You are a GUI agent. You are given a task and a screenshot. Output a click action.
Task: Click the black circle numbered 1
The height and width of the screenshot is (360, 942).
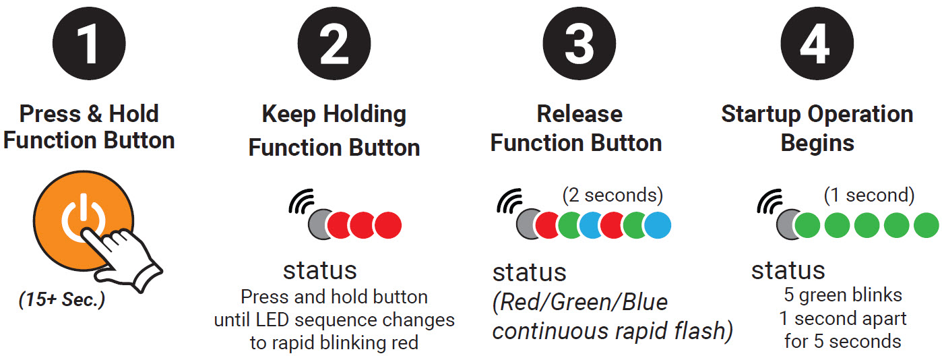pos(89,43)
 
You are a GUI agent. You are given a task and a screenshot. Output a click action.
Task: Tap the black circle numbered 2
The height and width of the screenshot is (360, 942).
pos(334,43)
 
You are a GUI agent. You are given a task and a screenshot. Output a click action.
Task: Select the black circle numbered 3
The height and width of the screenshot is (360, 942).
pos(579,43)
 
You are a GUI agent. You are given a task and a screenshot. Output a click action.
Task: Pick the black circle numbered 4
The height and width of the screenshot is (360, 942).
pos(817,43)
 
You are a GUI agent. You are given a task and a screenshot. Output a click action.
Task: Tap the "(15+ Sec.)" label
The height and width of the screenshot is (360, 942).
pos(62,300)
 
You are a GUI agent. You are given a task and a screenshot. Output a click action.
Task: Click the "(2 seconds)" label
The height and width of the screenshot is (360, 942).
pos(613,195)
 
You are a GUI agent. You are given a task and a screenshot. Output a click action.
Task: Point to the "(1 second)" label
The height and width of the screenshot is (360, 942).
pos(869,195)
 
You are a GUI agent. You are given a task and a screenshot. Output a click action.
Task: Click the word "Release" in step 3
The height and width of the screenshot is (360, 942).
pos(579,114)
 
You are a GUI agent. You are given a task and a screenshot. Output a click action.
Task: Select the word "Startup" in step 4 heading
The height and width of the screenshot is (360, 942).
pos(761,115)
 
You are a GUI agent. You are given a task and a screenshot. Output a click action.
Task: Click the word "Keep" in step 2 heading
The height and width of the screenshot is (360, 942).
pos(288,115)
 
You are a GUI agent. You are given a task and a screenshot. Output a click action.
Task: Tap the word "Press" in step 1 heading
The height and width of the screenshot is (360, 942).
pos(50,114)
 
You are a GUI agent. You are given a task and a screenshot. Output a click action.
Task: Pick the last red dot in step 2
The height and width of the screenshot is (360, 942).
pos(388,225)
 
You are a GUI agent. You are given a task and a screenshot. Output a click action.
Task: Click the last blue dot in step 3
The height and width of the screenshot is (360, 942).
pos(658,225)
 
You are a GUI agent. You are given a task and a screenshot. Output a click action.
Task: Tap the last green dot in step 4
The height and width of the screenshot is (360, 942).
pos(927,225)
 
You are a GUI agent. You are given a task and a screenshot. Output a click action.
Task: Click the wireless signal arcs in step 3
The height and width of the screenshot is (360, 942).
pos(509,201)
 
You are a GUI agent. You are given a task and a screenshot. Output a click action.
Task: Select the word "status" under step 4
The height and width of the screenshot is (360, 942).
pos(788,270)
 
